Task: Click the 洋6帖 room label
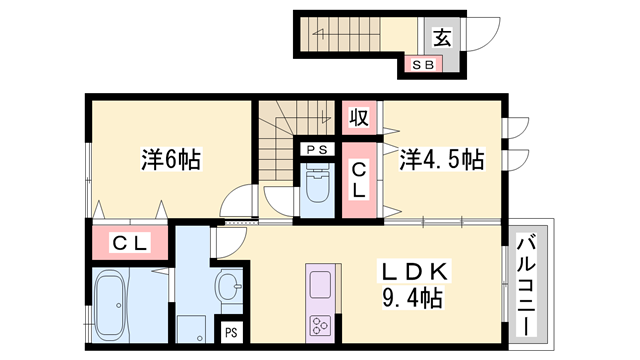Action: point(170,158)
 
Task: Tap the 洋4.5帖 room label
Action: point(443,159)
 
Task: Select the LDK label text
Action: point(415,271)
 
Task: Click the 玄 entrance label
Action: point(441,37)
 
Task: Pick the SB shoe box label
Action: point(421,65)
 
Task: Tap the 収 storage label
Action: point(358,118)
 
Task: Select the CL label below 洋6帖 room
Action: point(129,241)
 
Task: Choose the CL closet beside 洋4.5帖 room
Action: point(358,180)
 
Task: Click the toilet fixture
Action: point(317,185)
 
